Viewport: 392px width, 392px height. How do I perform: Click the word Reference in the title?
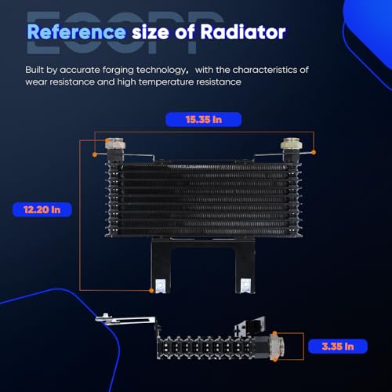coord(76,32)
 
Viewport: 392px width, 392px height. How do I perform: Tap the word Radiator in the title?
coord(243,32)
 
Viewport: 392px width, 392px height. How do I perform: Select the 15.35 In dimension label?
coord(204,120)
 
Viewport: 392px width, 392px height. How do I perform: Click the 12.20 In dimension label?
coord(42,209)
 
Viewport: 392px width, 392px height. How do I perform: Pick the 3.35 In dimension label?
coord(338,347)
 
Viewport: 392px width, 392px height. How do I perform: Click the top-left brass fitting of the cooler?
coord(115,144)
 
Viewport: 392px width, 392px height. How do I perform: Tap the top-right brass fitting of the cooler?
coord(291,144)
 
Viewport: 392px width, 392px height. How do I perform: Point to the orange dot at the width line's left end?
coord(95,154)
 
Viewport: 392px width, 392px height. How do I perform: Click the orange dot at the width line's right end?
coord(314,152)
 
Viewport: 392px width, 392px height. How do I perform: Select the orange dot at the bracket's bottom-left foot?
coord(151,290)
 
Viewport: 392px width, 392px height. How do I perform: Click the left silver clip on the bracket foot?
coord(161,285)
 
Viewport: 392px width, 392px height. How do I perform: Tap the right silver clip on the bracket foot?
coord(245,285)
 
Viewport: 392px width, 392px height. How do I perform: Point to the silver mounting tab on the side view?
coord(125,320)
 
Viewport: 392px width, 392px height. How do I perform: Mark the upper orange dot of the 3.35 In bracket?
coord(274,333)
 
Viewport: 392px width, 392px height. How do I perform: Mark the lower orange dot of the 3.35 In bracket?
coord(274,360)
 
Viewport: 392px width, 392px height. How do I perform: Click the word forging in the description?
coord(118,71)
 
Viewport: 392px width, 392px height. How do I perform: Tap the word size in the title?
coord(151,33)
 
